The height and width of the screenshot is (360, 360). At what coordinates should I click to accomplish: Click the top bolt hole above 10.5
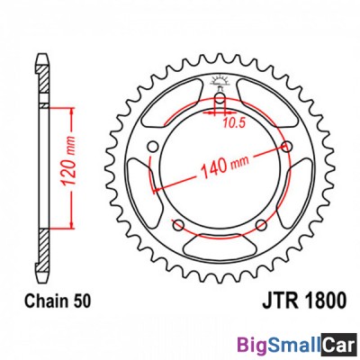click(218, 97)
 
